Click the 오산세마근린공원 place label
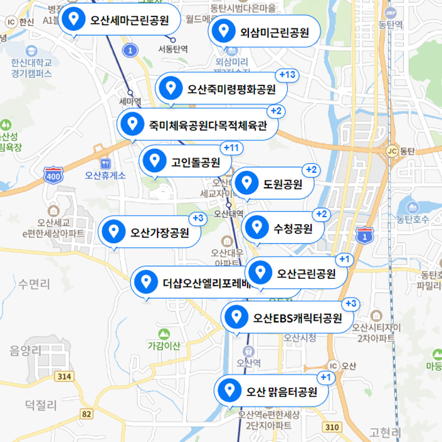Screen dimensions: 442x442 click(130, 21)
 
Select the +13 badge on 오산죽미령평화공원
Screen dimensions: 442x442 click(287, 75)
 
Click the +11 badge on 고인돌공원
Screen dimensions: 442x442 click(231, 148)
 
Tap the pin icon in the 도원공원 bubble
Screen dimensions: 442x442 click(248, 184)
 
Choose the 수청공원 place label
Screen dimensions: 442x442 click(293, 229)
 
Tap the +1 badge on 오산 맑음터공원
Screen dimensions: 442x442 click(325, 377)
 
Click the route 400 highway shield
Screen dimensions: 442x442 click(54, 175)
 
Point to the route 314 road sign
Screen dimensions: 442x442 click(63, 376)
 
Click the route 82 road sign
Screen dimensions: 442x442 click(87, 414)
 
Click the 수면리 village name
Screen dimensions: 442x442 click(34, 284)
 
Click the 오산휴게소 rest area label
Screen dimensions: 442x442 click(105, 175)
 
